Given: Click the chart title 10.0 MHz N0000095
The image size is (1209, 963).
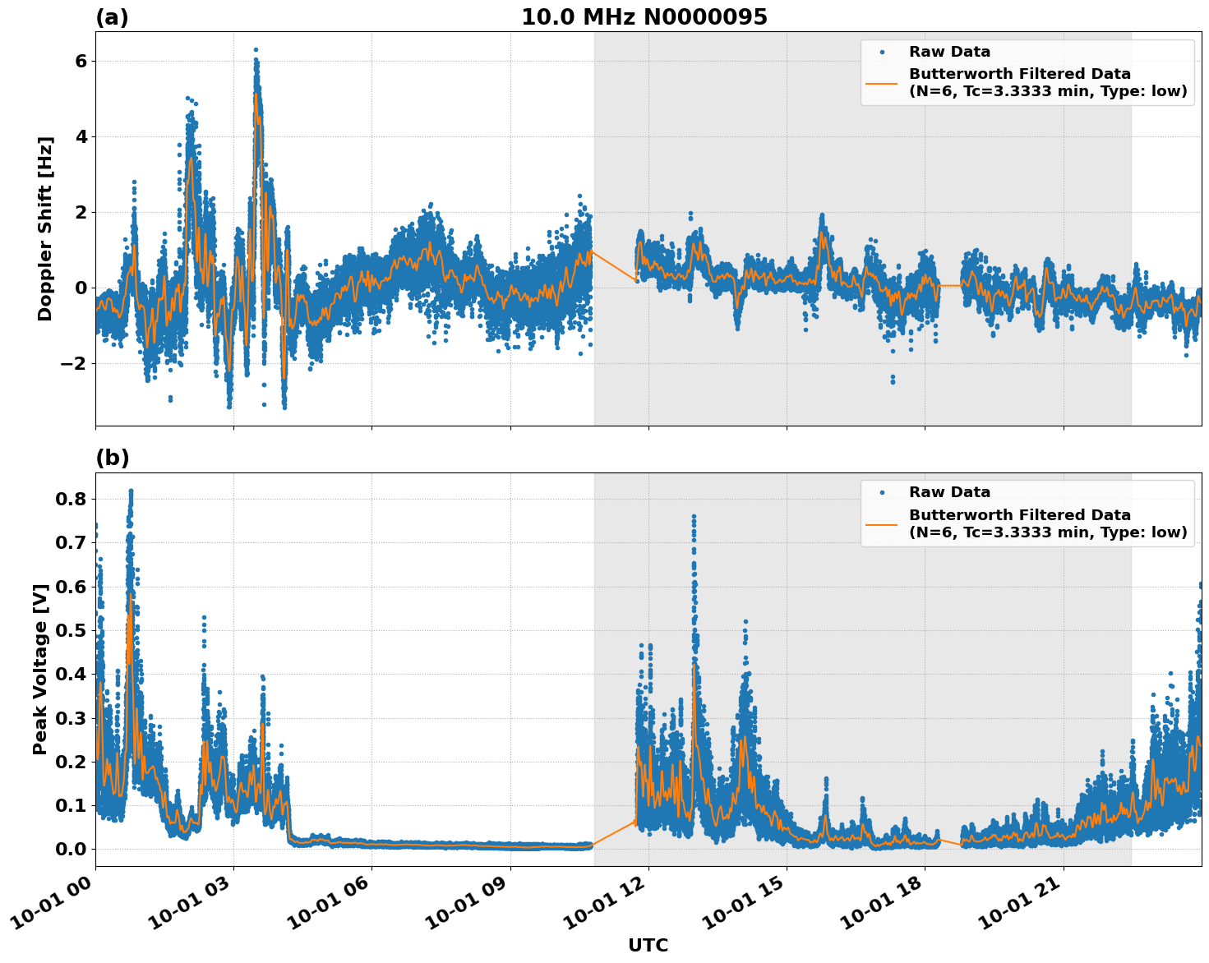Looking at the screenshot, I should point(644,17).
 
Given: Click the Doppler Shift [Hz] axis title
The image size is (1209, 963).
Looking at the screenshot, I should point(45,228).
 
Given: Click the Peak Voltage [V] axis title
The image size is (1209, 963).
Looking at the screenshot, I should point(41,669).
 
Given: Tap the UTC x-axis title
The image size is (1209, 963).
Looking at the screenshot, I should point(648,945).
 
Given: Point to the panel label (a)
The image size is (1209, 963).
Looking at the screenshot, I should point(112,17).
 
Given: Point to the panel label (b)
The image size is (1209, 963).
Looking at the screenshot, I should point(112,458).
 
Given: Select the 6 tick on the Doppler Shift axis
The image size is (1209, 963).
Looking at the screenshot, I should point(81,61).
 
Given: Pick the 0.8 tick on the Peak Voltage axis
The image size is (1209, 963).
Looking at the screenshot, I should point(74,499).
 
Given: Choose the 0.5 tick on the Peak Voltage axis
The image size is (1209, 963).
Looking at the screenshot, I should point(74,630).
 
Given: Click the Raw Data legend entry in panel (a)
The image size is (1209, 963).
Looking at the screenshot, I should point(949,52).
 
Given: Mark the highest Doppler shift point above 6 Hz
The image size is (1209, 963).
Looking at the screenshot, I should point(256,50).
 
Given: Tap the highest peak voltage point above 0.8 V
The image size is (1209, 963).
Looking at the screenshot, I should point(131,491).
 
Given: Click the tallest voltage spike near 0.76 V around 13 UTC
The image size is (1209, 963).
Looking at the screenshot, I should point(694,516).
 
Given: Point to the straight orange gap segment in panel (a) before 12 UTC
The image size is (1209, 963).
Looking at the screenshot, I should point(614,265).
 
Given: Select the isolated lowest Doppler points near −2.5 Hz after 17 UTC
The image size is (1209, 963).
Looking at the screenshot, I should point(893,380).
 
